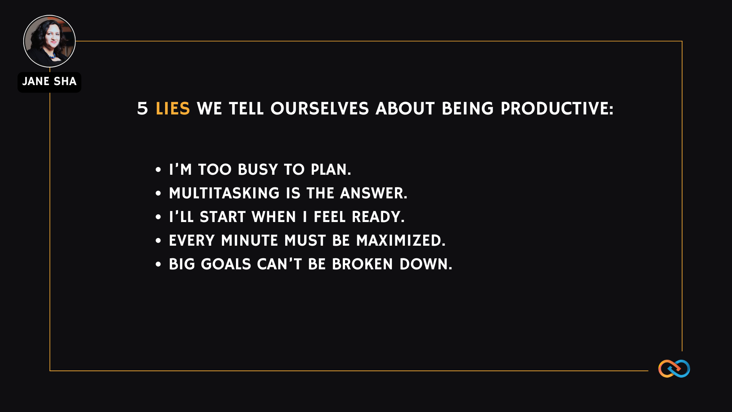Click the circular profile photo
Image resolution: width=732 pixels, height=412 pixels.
[50, 41]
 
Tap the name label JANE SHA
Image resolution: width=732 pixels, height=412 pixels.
[50, 82]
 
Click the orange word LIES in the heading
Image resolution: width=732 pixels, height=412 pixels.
[173, 109]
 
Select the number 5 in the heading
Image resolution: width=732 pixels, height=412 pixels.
[142, 109]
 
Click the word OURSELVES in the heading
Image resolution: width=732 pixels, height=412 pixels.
[319, 109]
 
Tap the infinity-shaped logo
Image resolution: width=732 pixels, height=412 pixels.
[674, 369]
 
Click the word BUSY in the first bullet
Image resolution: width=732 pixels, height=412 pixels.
[258, 170]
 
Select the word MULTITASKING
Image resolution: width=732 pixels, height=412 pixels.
[224, 193]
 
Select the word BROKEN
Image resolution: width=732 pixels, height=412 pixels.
[362, 264]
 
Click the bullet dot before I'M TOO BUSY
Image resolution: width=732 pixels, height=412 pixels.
[158, 170]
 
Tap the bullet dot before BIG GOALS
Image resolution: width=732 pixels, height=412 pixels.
[158, 265]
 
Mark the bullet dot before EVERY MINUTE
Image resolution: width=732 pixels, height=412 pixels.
[158, 241]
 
